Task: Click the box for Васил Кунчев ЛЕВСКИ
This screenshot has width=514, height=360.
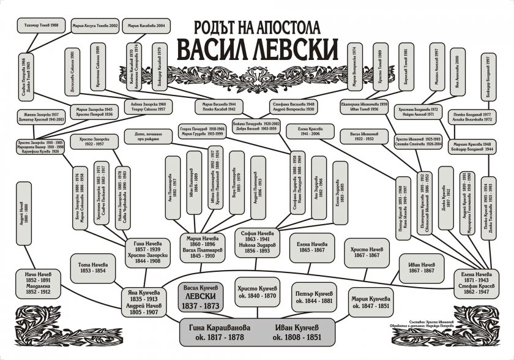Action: point(201,294)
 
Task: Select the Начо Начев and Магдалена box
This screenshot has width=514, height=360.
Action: point(38,283)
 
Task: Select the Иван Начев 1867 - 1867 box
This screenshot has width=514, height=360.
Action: point(422,267)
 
